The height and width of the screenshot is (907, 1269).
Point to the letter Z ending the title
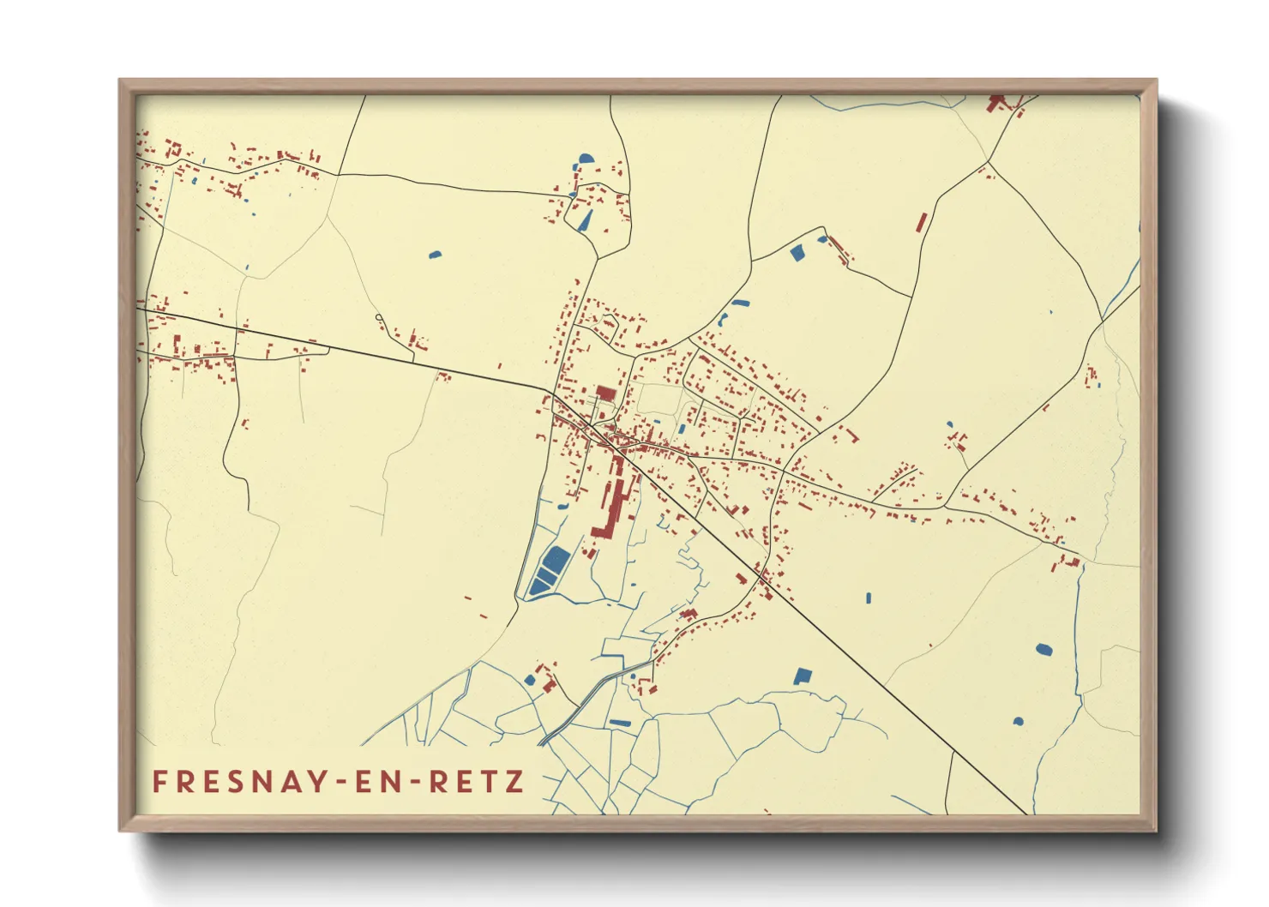point(515,782)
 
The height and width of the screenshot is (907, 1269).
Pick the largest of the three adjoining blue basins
point(554,562)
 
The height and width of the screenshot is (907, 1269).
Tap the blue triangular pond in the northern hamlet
point(586,220)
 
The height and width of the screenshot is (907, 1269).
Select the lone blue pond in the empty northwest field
point(435,254)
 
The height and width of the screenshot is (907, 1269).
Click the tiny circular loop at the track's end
point(379,318)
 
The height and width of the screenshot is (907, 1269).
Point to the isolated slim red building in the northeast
point(922,222)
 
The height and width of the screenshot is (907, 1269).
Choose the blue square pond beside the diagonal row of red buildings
point(797,252)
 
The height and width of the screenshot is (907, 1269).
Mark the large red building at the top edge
point(996,103)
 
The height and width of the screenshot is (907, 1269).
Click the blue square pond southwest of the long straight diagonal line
point(802,676)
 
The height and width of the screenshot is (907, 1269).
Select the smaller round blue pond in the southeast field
point(1018,721)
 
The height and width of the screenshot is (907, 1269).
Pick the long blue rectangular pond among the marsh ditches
point(619,723)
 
